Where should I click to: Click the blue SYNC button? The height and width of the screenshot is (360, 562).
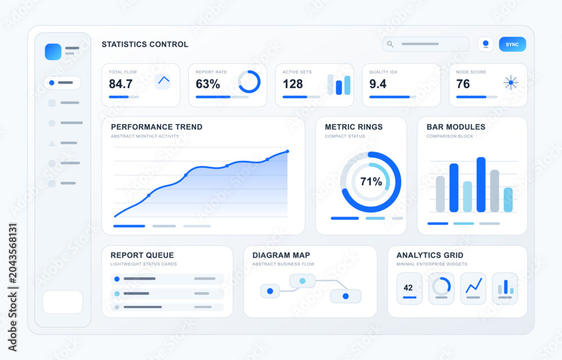coord(512,44)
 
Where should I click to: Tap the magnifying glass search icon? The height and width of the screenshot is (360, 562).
coord(391,44)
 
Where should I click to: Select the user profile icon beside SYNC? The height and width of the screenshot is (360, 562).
coord(486,44)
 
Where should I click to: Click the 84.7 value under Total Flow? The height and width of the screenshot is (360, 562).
coord(121,84)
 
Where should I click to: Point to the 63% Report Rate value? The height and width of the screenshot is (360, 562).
coord(208,84)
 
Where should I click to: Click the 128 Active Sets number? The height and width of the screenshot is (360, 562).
coord(293,84)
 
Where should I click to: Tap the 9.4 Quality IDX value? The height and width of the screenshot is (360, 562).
coord(378,84)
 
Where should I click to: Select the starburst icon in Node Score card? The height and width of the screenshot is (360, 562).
coord(511,83)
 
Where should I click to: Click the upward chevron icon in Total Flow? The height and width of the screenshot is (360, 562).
coord(164,80)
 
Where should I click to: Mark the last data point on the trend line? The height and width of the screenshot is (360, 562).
coord(287,152)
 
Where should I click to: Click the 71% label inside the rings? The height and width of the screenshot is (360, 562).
coord(371,181)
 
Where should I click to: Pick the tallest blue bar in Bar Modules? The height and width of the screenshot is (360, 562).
coord(481,184)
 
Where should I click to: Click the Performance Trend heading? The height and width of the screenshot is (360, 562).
coord(157,127)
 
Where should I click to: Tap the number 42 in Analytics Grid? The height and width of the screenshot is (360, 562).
coord(408,288)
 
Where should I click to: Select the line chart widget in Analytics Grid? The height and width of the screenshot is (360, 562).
coord(473,288)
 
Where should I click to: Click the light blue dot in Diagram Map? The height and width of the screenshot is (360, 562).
coord(302,281)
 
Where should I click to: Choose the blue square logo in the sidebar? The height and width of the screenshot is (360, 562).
coord(53,52)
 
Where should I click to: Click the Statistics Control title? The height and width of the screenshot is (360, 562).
coord(145,44)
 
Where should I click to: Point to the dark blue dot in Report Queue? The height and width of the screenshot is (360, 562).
coord(117,279)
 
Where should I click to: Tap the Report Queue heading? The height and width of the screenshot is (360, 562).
coord(142,255)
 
